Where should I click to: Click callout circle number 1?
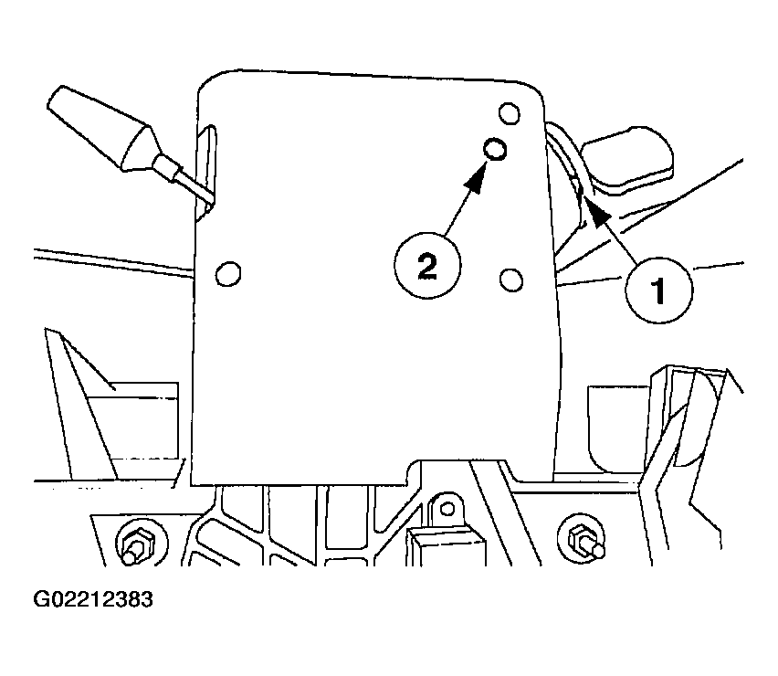tap(658, 290)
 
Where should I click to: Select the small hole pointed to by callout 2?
tap(495, 148)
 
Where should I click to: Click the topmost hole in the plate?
tap(509, 113)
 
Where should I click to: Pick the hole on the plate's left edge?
tap(228, 273)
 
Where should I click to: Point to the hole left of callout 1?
tap(511, 280)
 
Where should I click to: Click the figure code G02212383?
tap(93, 599)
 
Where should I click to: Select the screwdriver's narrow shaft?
tap(184, 180)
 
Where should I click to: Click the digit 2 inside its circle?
tap(427, 266)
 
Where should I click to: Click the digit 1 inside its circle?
tap(658, 290)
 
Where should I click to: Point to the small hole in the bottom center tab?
tap(447, 508)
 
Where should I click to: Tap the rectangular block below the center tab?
tap(447, 547)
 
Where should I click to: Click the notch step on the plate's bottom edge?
tap(413, 471)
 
